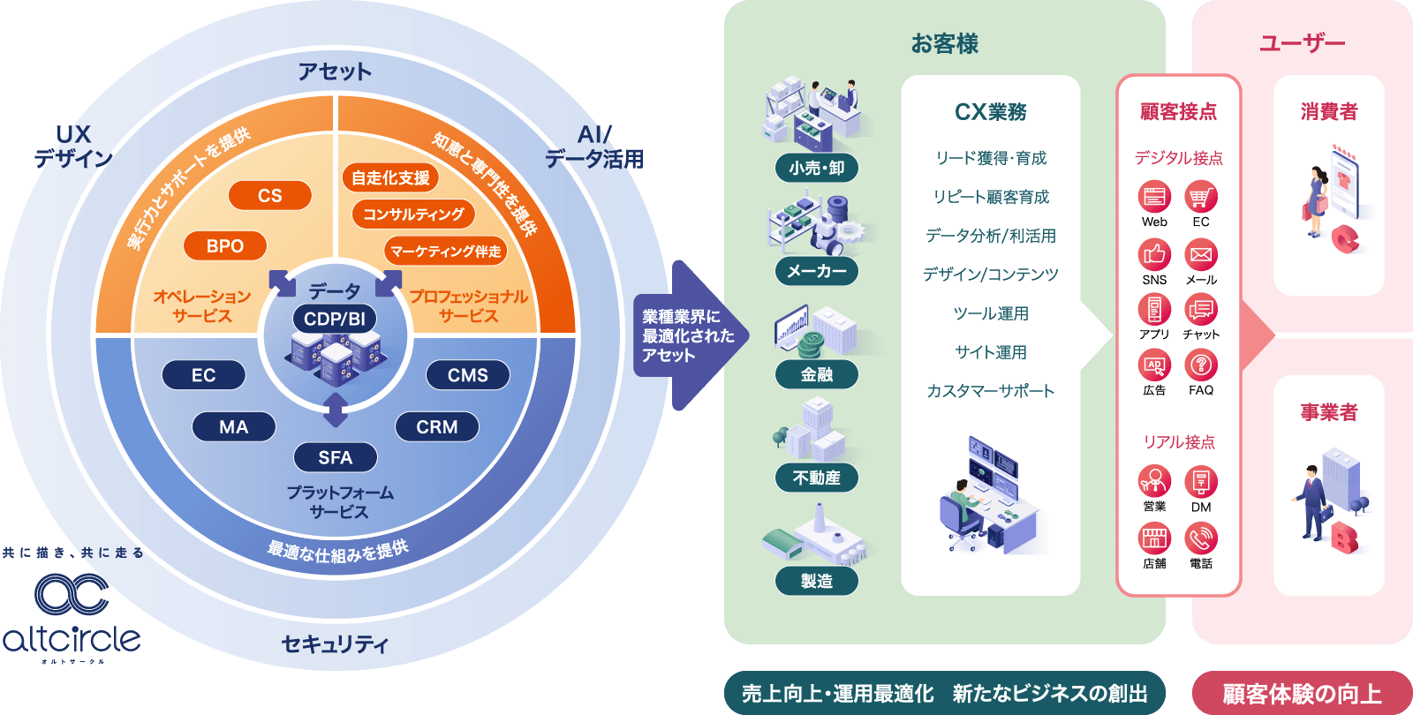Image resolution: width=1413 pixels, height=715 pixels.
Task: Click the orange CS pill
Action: point(270,195)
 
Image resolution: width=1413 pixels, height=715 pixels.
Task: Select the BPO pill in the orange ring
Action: point(225,246)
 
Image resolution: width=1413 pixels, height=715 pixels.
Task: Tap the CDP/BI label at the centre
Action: point(335,319)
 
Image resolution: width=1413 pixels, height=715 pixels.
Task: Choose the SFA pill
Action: point(336,457)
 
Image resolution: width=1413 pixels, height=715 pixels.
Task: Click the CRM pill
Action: point(437,427)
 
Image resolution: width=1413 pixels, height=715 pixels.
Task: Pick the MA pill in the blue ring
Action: point(234,427)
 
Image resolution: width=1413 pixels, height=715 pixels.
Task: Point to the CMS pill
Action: point(468,375)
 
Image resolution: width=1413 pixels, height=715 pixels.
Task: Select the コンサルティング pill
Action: point(413,214)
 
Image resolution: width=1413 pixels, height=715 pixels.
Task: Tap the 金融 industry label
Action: point(817,374)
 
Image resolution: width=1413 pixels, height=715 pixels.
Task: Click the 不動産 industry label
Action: point(817,478)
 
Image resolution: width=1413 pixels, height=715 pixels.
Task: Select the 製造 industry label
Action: point(817,581)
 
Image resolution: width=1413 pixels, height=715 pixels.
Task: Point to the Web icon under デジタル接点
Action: point(1154,197)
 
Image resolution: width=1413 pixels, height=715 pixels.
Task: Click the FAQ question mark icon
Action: point(1201,365)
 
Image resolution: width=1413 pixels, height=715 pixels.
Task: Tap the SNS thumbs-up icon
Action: point(1154,254)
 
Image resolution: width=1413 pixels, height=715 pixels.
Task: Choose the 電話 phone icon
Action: point(1201,538)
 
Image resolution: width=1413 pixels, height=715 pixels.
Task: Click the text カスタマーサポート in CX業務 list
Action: point(991,391)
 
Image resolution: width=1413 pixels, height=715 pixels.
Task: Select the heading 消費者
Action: point(1329,112)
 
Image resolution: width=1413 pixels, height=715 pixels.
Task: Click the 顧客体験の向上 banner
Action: point(1302,694)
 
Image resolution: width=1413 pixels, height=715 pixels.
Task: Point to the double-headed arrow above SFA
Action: point(336,410)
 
